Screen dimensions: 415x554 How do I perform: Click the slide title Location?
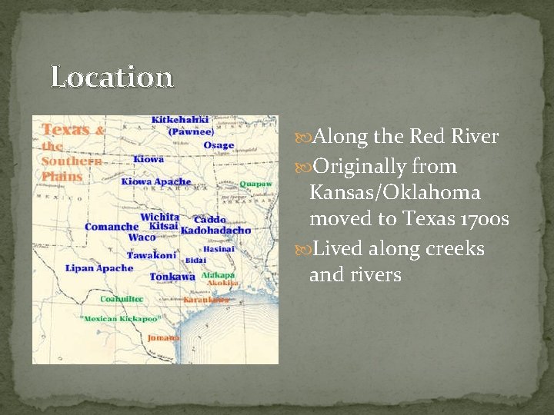click(x=112, y=78)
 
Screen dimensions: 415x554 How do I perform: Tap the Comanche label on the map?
click(x=112, y=227)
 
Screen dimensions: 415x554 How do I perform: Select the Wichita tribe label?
click(x=159, y=217)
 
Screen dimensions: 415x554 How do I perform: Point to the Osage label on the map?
click(x=219, y=145)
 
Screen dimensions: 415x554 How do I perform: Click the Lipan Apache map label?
click(x=100, y=268)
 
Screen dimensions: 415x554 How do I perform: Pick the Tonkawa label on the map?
click(x=172, y=277)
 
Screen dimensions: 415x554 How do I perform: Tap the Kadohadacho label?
click(x=215, y=231)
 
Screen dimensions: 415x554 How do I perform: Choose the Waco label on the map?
click(x=142, y=237)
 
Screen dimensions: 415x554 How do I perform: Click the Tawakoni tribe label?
click(x=151, y=255)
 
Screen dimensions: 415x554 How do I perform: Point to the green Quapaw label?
click(x=255, y=184)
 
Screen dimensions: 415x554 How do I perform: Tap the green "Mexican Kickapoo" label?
click(x=119, y=318)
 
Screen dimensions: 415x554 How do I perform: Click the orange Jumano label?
click(x=164, y=337)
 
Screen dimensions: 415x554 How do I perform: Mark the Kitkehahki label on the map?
click(x=180, y=120)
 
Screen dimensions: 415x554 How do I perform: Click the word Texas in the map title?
click(x=66, y=130)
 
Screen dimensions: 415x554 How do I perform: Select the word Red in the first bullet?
click(x=427, y=138)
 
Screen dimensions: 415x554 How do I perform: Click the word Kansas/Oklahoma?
click(x=395, y=193)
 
